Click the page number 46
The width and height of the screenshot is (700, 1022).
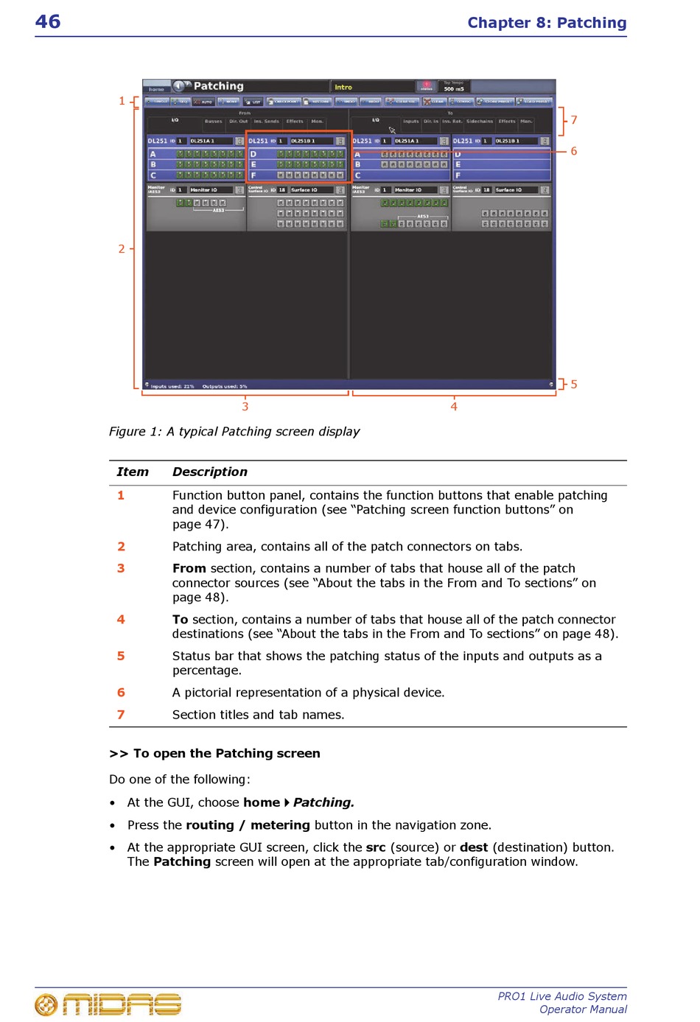(48, 21)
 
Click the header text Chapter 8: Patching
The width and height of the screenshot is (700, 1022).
(547, 23)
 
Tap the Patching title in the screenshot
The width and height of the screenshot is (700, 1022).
(218, 86)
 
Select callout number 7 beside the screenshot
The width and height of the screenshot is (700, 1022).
(574, 120)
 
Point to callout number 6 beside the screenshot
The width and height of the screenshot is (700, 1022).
(574, 151)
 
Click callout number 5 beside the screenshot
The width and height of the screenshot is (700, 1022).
(574, 385)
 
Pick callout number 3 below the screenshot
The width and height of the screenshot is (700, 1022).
(245, 407)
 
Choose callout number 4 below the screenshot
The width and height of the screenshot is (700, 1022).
(454, 407)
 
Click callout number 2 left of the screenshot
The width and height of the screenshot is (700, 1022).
(122, 249)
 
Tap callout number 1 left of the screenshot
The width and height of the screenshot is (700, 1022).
(122, 101)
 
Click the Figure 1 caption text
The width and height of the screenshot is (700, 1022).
(234, 432)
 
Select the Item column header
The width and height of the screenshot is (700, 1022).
(133, 472)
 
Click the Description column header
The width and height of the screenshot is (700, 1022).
(210, 472)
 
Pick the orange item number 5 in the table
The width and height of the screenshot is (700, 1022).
(121, 656)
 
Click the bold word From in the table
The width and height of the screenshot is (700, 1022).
(189, 569)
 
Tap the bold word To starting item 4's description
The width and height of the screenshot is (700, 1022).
(180, 620)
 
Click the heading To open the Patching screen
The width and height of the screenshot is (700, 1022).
(214, 754)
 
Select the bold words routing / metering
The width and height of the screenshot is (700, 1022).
(248, 825)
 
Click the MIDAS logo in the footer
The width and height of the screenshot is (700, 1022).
(108, 1004)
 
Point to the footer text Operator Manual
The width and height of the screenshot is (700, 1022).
(583, 1009)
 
